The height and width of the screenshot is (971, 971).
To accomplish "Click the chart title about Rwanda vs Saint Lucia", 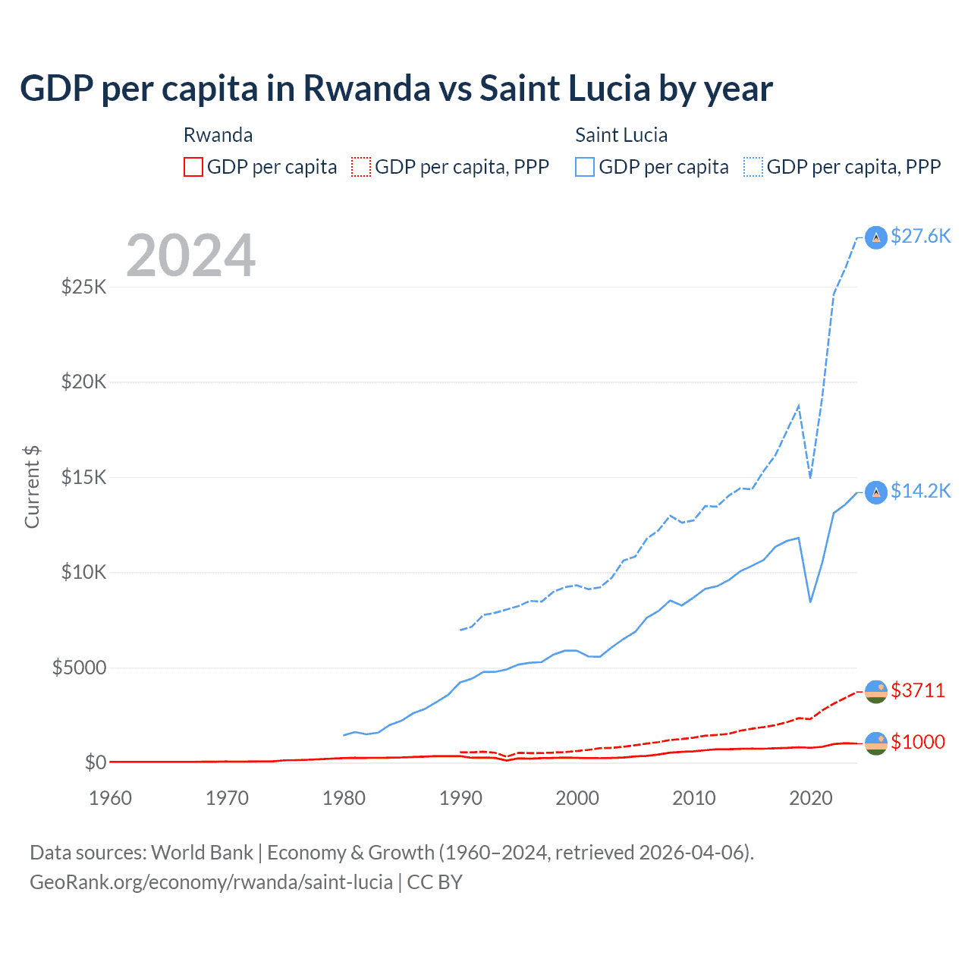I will coord(396,89).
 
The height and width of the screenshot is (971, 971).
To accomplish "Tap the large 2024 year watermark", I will coord(190,256).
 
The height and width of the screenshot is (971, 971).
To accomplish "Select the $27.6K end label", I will coord(920,237).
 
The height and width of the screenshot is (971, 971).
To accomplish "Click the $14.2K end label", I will coord(920,492).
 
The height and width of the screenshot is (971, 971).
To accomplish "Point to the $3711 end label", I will coord(918,690).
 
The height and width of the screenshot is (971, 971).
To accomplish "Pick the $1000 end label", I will coord(918,742).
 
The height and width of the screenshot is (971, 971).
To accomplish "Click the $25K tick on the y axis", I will coord(83,288).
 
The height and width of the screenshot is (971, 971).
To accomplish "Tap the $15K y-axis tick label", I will coord(83,478).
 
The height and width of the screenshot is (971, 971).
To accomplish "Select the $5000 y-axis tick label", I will coord(79,668).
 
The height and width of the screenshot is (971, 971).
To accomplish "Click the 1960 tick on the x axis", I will coord(111,798).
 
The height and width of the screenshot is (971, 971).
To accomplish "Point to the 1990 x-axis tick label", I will coord(460,798).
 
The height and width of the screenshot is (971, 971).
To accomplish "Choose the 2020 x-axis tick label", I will coord(811,798).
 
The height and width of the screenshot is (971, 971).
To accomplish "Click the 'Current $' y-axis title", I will coord(32,487).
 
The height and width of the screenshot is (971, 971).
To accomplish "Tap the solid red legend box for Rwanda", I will coord(193,167).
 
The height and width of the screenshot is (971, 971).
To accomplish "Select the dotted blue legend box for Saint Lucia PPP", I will coord(753,167).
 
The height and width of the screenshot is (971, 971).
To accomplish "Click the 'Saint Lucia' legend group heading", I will coord(621,135).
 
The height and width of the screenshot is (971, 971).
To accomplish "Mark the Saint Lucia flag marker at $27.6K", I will coord(876,237).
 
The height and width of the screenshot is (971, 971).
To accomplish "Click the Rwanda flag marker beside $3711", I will coord(876,692).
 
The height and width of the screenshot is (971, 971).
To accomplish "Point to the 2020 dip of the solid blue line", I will coord(810,602).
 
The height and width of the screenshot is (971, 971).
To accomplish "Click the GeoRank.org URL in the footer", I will coord(211,882).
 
